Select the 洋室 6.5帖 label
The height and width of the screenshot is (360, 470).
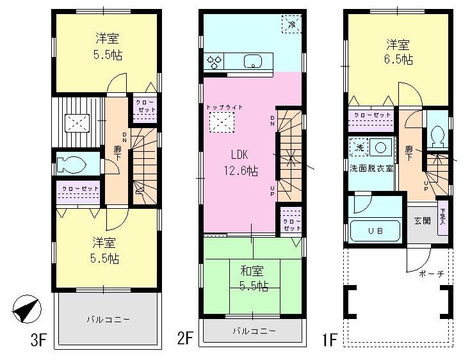398,52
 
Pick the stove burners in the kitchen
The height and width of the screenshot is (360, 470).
214,62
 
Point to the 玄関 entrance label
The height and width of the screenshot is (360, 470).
423,220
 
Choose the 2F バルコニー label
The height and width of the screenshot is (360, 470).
254,331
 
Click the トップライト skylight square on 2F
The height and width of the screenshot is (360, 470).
222,120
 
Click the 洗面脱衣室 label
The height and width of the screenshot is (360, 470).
371,168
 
